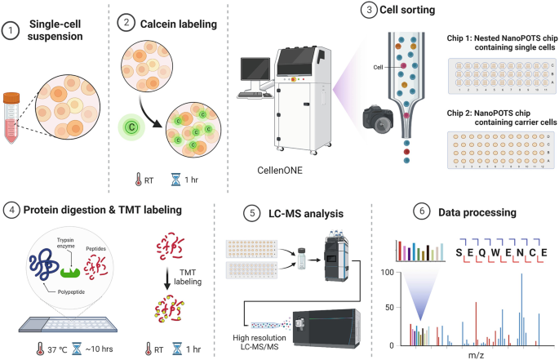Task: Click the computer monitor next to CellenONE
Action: coord(255,74)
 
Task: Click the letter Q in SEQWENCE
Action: coord(488,253)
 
